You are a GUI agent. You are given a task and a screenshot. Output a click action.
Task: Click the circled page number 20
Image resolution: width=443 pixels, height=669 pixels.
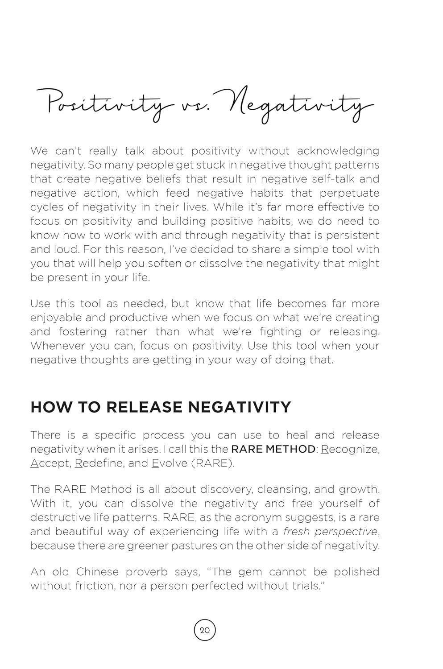coord(205,630)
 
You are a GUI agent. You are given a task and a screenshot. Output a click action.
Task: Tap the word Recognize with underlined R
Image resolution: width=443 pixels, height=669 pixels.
coord(350,449)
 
